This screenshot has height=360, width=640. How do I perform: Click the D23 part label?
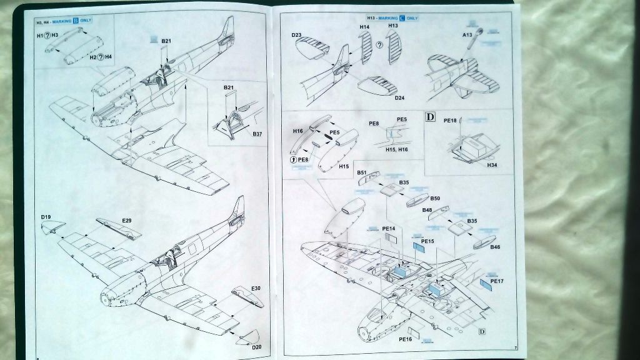[297, 36]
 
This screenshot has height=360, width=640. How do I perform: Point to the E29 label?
[127, 220]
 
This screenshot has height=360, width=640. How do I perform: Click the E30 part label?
[256, 288]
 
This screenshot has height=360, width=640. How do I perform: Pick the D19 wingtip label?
[46, 217]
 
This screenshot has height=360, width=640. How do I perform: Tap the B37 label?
[257, 134]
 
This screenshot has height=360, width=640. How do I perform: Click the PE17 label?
[498, 281]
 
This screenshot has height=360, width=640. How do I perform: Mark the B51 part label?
[362, 172]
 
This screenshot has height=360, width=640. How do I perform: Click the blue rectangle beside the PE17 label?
[485, 287]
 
